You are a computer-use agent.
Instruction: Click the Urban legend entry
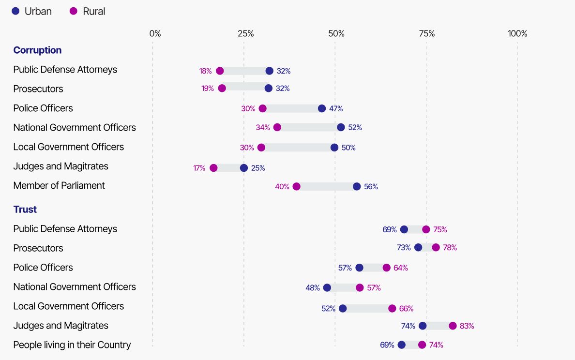(32, 11)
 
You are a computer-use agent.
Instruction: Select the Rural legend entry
(88, 11)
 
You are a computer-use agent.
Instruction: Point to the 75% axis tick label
(426, 34)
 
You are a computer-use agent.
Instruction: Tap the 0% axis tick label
(155, 34)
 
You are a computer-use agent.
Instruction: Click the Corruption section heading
(37, 50)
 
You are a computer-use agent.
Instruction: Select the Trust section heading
(25, 210)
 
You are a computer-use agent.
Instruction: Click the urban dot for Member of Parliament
(357, 187)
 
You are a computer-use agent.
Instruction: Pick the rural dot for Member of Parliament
(296, 187)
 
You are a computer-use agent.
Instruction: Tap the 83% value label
(467, 326)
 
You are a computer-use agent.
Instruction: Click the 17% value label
(199, 168)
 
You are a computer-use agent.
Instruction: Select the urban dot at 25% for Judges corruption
(244, 168)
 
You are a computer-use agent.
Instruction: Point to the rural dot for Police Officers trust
(386, 268)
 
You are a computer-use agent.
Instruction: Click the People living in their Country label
(72, 345)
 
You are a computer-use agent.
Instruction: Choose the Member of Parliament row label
(59, 186)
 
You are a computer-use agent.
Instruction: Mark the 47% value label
(336, 109)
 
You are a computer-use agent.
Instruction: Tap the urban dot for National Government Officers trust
(327, 288)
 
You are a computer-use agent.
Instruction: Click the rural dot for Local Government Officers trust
(392, 308)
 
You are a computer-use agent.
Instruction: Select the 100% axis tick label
(517, 34)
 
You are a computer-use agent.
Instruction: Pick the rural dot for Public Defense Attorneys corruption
(220, 71)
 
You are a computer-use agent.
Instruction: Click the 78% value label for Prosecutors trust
(450, 248)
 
